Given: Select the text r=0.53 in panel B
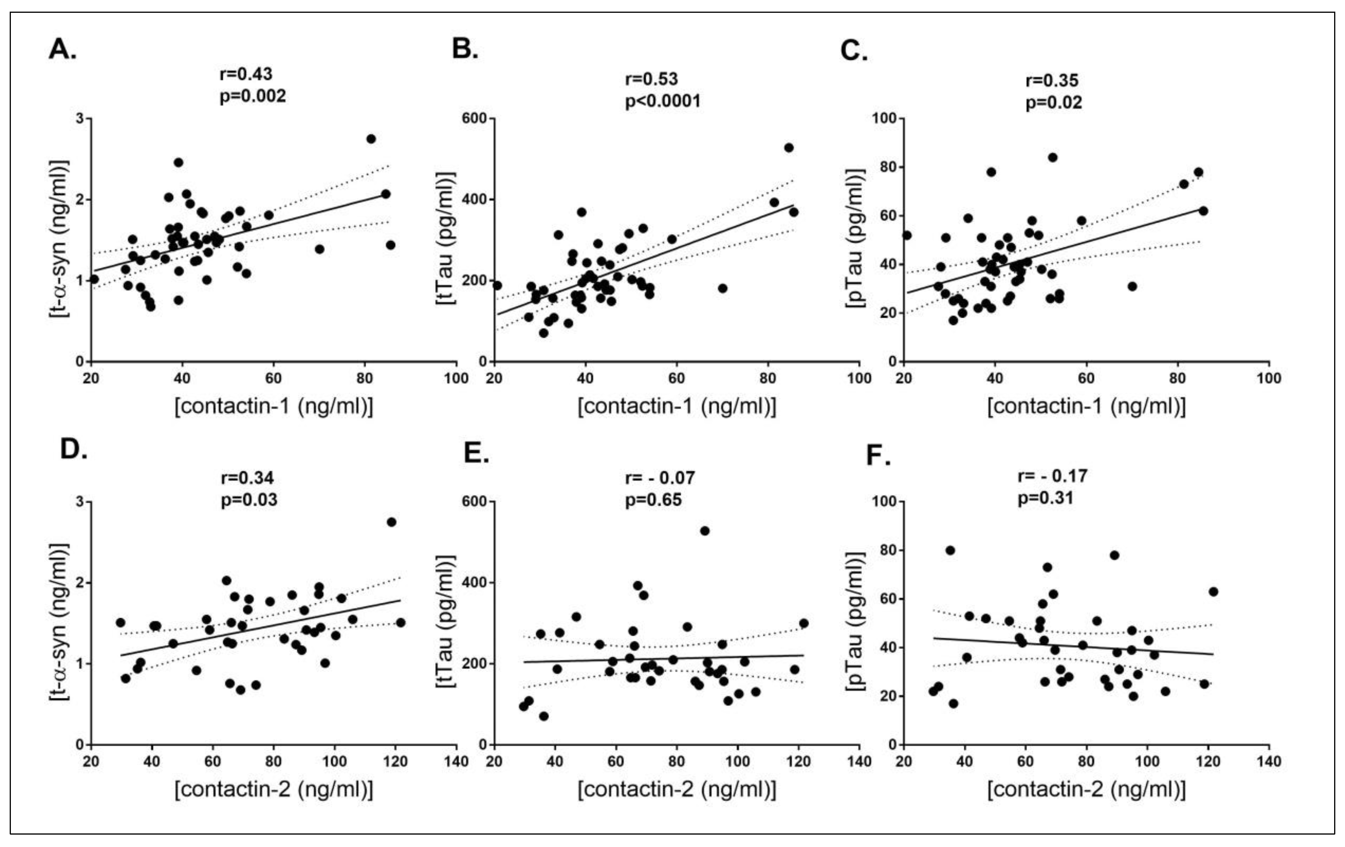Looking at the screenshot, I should click(x=651, y=79).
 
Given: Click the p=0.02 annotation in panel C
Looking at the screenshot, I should click(x=1053, y=103).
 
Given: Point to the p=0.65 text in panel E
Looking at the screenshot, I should click(x=653, y=499).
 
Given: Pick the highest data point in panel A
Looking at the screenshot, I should click(x=371, y=139).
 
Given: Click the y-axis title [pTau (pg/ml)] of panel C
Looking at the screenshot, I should click(x=855, y=238).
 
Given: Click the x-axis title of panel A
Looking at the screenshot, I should click(x=274, y=406).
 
